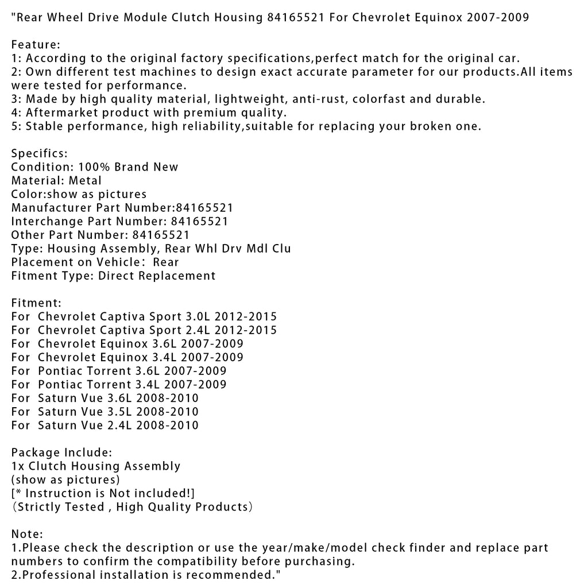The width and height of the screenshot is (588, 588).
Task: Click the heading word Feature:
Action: [x=36, y=44]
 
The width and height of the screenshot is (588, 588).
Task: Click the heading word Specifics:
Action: [x=40, y=153]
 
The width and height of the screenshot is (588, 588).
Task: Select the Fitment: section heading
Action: [x=36, y=302]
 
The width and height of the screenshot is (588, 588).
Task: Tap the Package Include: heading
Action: [x=61, y=452]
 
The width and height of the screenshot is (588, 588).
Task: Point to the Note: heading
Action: [x=27, y=534]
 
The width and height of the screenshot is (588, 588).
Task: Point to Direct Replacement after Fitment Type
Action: [x=157, y=276]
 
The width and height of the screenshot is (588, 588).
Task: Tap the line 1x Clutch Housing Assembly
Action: [x=96, y=466]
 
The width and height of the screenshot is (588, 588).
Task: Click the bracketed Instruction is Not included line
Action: [x=103, y=493]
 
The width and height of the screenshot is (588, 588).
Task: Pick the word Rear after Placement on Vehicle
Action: [x=165, y=262]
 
